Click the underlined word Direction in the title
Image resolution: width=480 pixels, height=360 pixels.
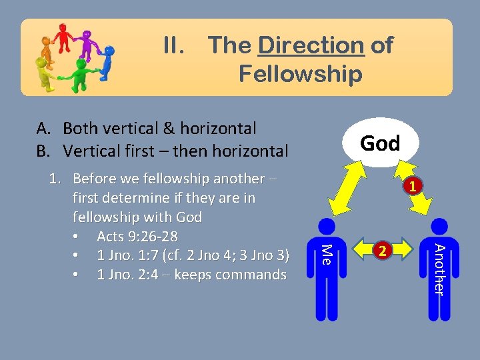pos(311,46)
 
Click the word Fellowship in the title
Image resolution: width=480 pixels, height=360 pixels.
pos(300,74)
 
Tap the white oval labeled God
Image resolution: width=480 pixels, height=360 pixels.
pos(380,143)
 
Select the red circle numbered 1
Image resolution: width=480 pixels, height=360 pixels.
pos(413,187)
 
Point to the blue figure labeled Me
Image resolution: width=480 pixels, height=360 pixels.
pos(324,267)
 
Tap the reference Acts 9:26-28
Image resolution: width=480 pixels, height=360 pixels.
pos(137,237)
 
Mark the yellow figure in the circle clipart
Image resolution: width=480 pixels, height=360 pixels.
pos(45,71)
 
